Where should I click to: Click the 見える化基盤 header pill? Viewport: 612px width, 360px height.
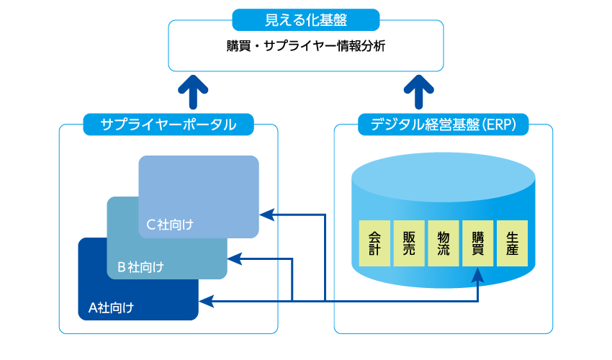(x=305, y=19)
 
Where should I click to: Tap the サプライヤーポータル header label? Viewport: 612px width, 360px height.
(x=168, y=125)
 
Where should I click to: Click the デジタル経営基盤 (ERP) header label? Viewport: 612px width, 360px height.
(x=444, y=125)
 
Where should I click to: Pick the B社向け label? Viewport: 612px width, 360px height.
(x=140, y=266)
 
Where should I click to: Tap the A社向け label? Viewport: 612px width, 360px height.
(x=111, y=308)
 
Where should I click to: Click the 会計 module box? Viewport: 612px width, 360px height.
(x=374, y=243)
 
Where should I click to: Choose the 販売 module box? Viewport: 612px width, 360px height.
(x=409, y=243)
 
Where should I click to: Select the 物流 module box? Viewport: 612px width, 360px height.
(x=444, y=243)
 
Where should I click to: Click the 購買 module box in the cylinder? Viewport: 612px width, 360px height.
(x=478, y=243)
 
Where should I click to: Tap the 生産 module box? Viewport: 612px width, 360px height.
(x=513, y=243)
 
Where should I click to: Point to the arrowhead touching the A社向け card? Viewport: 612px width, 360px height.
(x=205, y=301)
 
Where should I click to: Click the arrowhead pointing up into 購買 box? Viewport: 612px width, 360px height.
(x=478, y=273)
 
